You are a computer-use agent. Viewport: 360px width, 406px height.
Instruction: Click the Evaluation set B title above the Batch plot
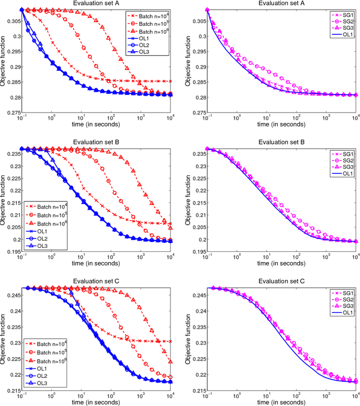click(x=91, y=140)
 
